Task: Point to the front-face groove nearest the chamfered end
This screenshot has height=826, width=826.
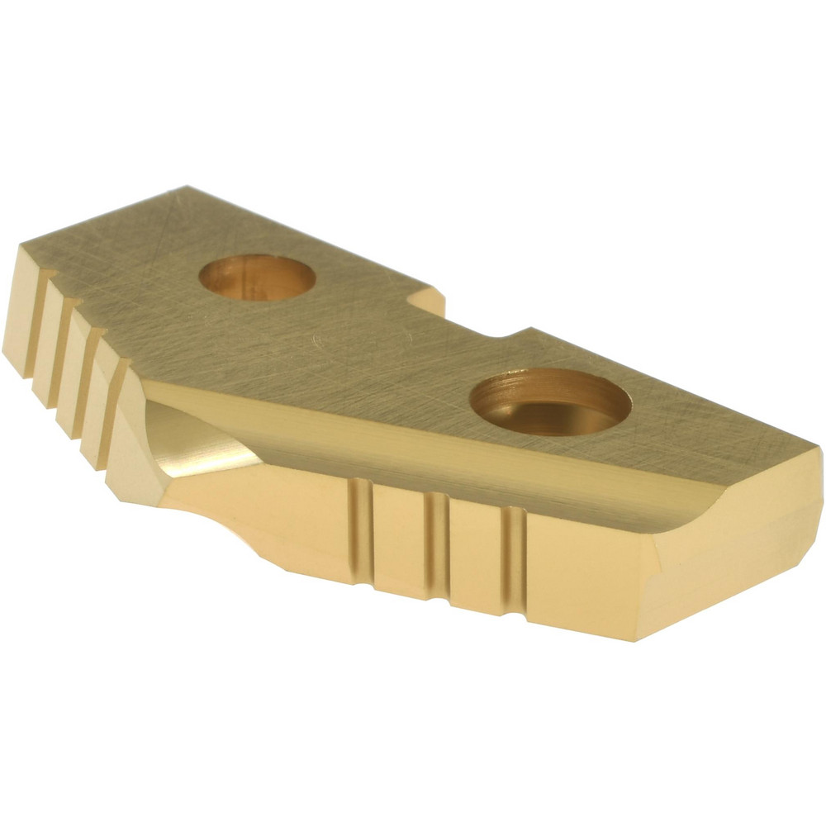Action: tap(514, 562)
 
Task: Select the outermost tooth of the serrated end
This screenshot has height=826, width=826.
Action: tap(21, 306)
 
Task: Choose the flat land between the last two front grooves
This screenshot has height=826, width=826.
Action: tap(474, 553)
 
